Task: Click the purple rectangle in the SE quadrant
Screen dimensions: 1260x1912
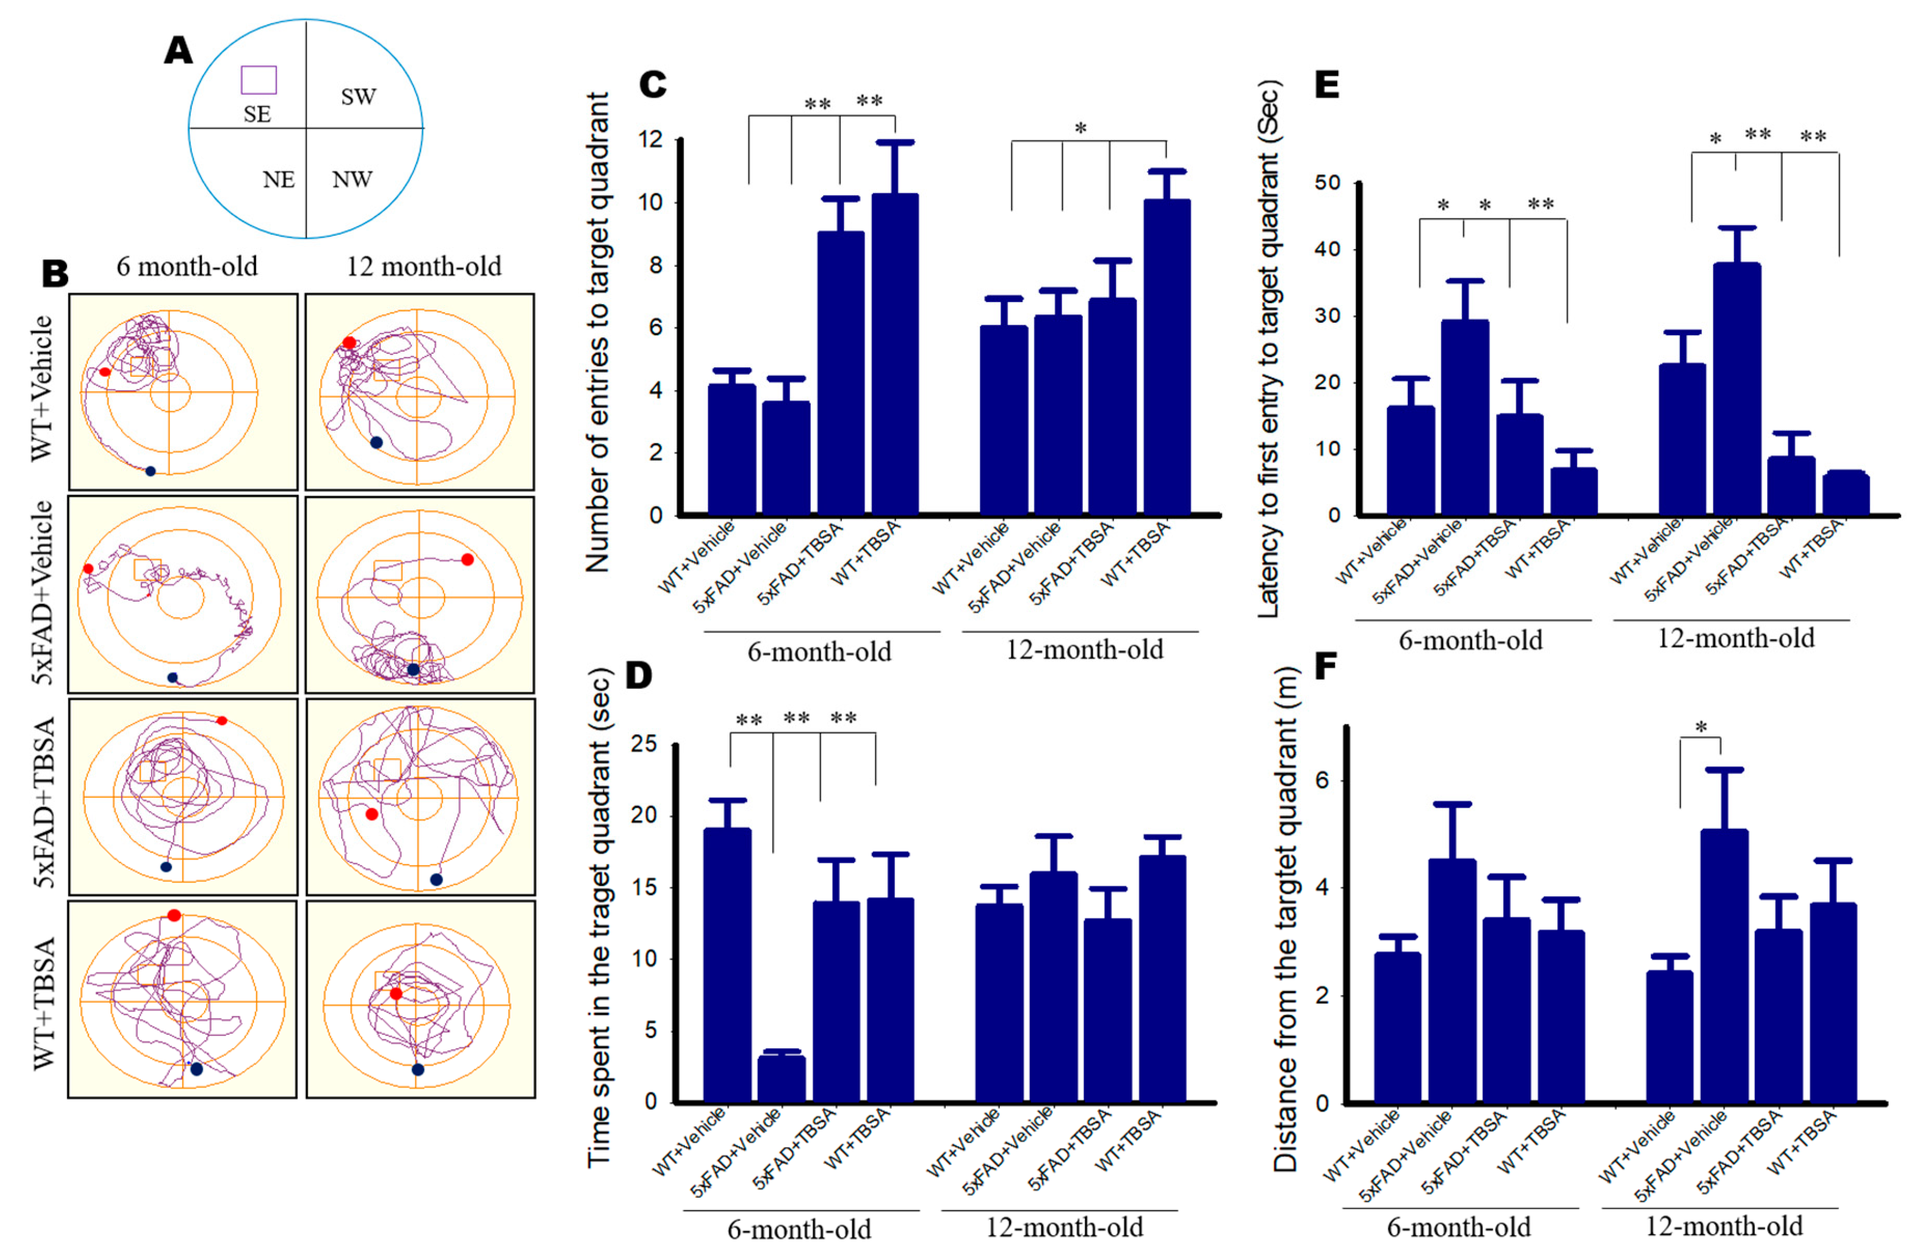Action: tap(259, 80)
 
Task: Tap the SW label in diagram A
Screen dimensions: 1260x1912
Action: tap(358, 97)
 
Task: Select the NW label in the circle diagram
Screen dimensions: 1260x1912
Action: tap(352, 179)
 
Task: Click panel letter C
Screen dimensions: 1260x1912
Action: tap(652, 84)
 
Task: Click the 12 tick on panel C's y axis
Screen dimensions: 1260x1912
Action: tap(651, 140)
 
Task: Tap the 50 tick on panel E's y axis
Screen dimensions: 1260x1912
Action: tap(1327, 183)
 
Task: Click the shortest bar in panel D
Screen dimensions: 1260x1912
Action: tap(780, 1077)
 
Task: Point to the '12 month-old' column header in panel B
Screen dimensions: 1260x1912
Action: tap(424, 266)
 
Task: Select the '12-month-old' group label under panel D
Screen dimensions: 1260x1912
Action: tap(1063, 1227)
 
